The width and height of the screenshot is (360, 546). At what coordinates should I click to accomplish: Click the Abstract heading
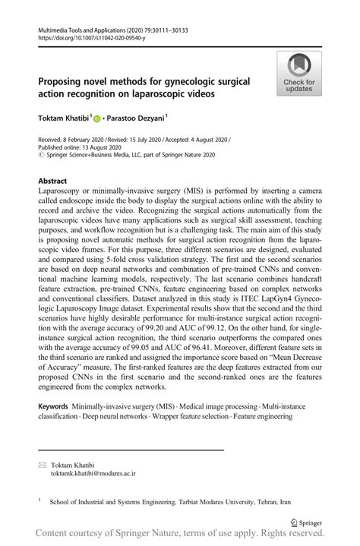53,181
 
